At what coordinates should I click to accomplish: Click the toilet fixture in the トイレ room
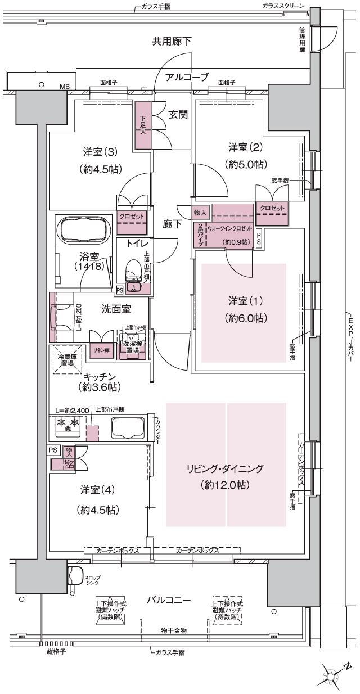(x=133, y=276)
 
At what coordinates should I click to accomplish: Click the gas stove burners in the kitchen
(x=66, y=425)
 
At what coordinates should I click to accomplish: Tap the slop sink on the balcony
(x=75, y=577)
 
